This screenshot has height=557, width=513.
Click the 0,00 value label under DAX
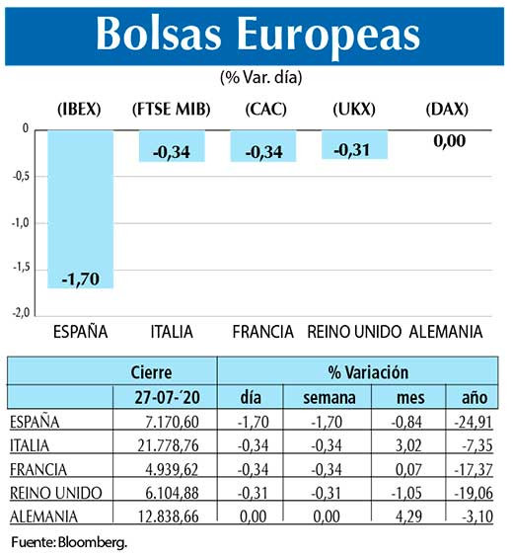pyautogui.click(x=449, y=141)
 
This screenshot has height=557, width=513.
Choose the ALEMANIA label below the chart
pyautogui.click(x=445, y=331)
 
